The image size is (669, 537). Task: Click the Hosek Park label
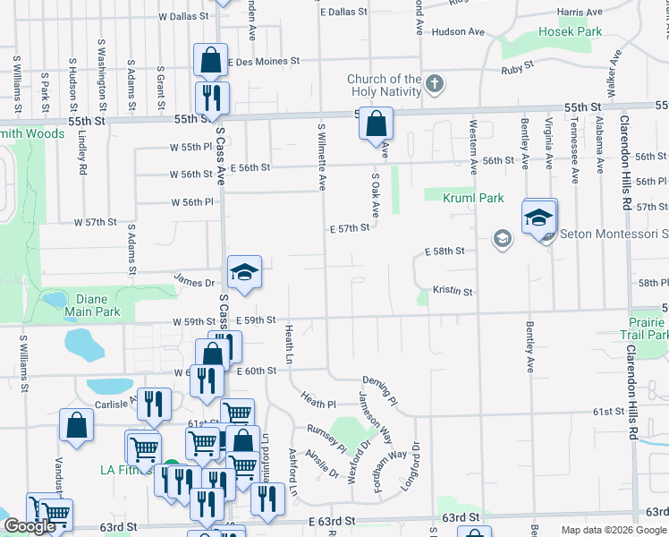[571, 31]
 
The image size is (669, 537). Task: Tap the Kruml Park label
[476, 198]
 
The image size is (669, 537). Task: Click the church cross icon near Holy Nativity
[435, 85]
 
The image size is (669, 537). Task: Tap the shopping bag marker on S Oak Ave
[377, 123]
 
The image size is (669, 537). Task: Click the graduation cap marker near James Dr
[244, 271]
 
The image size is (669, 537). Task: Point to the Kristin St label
[452, 291]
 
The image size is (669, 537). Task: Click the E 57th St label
[349, 229]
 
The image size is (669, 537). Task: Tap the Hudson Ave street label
[457, 32]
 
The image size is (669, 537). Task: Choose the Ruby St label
[517, 67]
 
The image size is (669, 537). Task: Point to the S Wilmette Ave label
[321, 156]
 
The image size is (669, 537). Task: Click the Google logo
[30, 526]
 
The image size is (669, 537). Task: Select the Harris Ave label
[580, 12]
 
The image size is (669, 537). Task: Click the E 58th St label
[445, 251]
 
